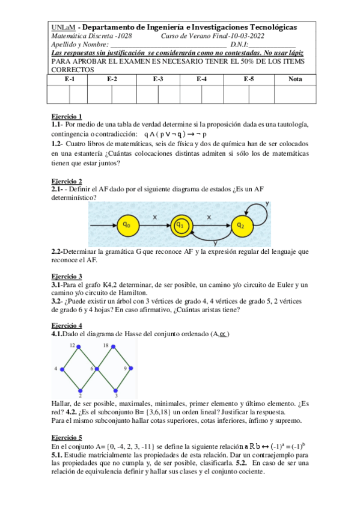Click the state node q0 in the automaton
click(x=127, y=224)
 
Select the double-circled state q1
click(x=180, y=224)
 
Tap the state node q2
click(x=240, y=224)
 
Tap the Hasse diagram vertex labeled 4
click(x=63, y=367)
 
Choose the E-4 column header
click(x=202, y=79)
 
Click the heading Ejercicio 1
click(x=67, y=116)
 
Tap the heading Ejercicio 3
click(x=67, y=276)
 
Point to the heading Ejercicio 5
click(x=67, y=438)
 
